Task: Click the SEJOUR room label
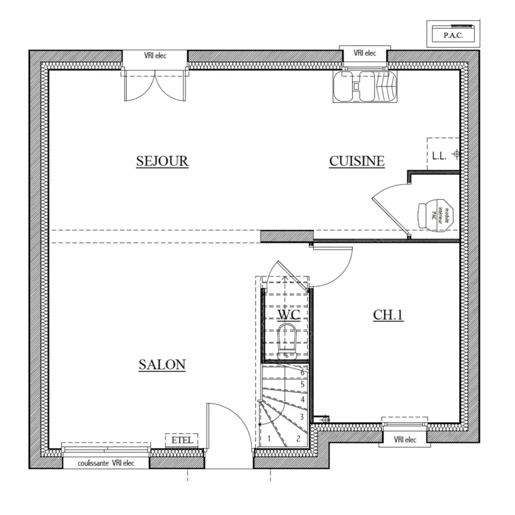tap(162, 161)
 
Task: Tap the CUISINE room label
tap(357, 161)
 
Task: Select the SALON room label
tap(162, 365)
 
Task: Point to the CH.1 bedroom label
tap(388, 315)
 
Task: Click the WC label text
tap(288, 314)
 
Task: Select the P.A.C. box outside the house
tap(453, 35)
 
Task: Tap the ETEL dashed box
tap(182, 440)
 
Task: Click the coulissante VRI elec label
tap(106, 463)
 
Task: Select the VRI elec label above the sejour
tap(155, 56)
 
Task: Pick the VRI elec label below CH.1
tap(405, 439)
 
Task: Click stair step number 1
tap(268, 439)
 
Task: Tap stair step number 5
tap(302, 384)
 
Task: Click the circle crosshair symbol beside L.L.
tap(456, 154)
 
